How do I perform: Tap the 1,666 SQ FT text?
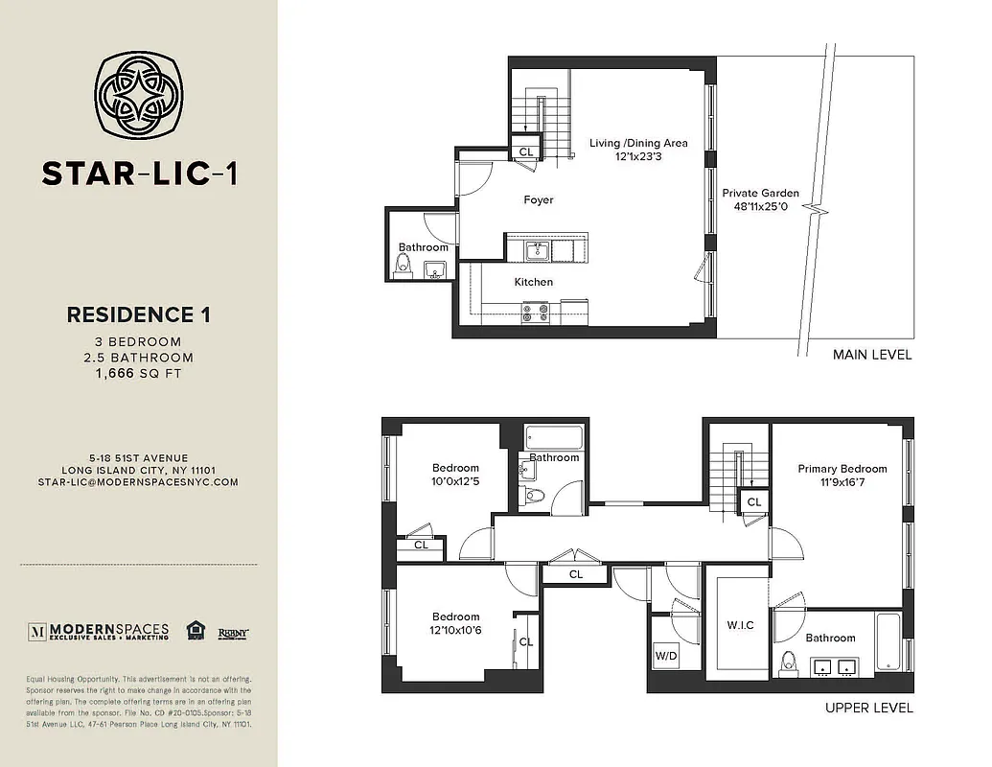coord(138,374)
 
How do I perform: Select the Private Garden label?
coord(760,193)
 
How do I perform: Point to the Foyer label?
coord(539,200)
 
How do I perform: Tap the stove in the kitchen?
coord(534,311)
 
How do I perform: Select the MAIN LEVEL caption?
coord(872,355)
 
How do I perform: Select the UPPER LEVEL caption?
coord(869,709)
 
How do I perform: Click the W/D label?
coord(666,657)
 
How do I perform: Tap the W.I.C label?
coord(740,625)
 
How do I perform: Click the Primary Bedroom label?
coord(842,469)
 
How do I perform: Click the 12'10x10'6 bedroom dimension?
coord(456,630)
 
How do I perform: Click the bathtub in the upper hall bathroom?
coord(556,440)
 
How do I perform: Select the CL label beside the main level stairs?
coord(526,151)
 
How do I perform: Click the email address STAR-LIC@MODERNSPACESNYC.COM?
coord(138,482)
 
